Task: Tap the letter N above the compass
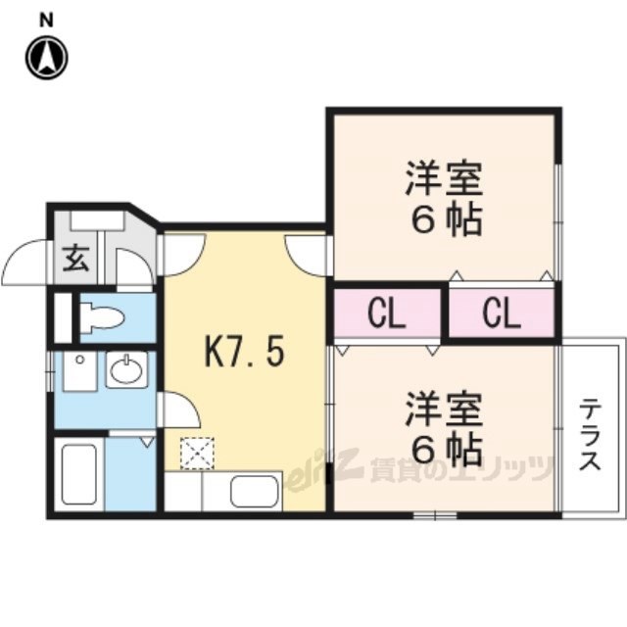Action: [x=46, y=19]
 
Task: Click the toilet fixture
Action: [x=101, y=316]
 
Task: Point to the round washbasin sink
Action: [x=125, y=370]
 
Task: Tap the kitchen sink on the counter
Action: [x=255, y=490]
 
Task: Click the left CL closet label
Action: [x=387, y=313]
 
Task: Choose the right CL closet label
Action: [x=501, y=313]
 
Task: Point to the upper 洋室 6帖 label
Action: [x=444, y=201]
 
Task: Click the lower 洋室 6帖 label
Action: [x=444, y=429]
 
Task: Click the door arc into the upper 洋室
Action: [x=306, y=253]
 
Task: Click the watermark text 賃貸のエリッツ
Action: [x=460, y=471]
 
